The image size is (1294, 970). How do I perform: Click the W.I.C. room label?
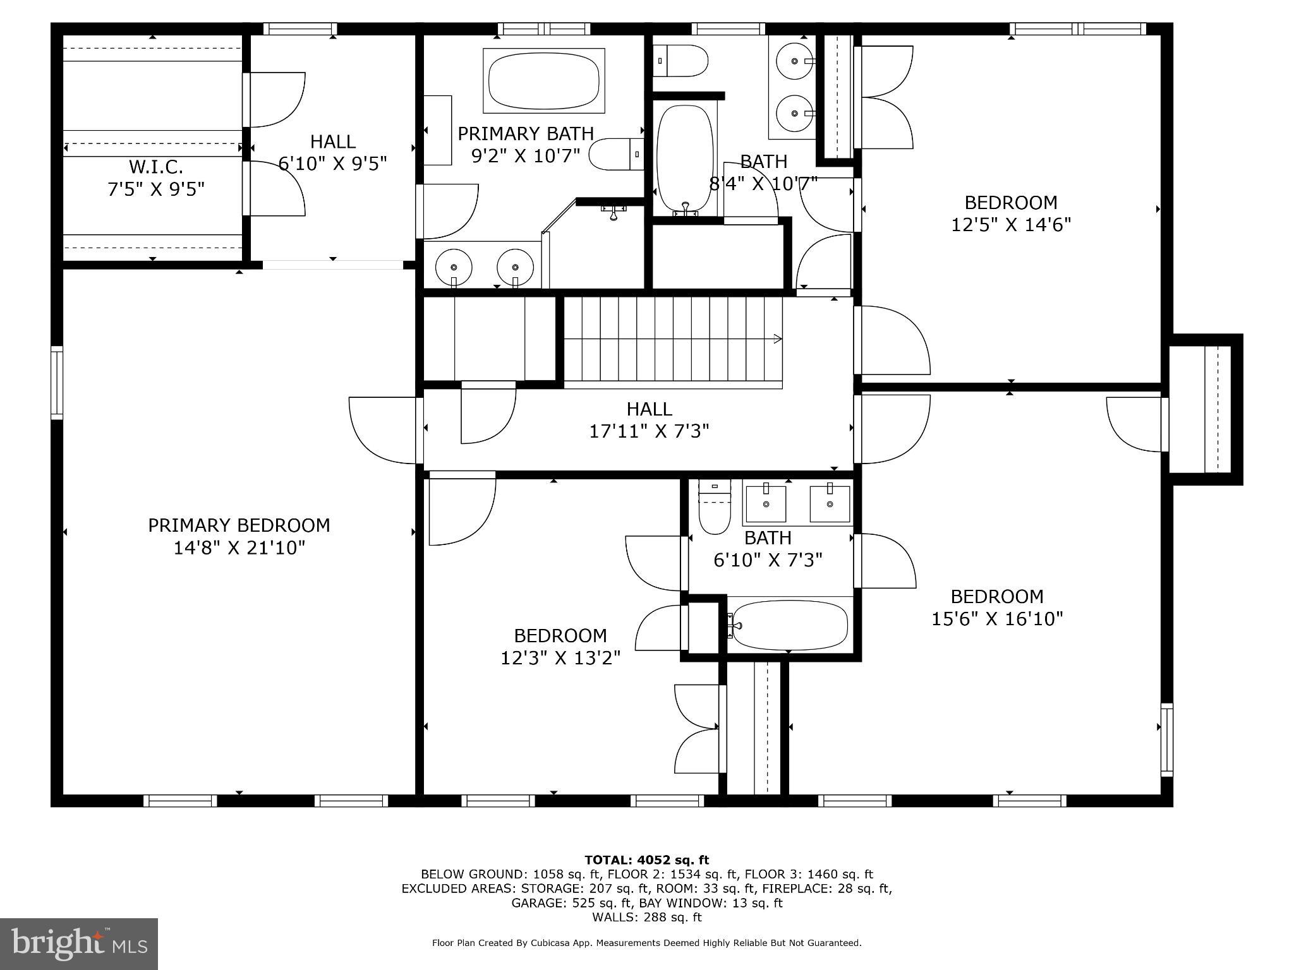click(156, 167)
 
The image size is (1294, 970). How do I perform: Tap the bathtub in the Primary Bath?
click(544, 81)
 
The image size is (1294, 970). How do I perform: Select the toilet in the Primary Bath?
click(616, 154)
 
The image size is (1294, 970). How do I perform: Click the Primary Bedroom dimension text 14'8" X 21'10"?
click(239, 548)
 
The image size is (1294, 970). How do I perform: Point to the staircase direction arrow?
click(777, 339)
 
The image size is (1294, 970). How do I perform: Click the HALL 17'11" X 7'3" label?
click(649, 420)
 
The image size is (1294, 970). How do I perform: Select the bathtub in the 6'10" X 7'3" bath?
click(790, 625)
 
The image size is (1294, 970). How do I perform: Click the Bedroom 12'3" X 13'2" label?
click(560, 646)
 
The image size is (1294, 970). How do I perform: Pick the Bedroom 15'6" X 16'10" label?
click(997, 607)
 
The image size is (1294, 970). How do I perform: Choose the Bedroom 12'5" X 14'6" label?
click(1010, 213)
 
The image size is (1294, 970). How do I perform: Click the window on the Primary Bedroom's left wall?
click(57, 383)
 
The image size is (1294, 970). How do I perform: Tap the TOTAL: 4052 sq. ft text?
click(646, 859)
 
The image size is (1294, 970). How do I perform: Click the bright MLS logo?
click(79, 943)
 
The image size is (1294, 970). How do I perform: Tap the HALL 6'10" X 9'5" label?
click(332, 152)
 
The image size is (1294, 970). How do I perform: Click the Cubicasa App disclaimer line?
click(646, 943)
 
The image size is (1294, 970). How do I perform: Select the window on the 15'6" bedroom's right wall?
click(1166, 739)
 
